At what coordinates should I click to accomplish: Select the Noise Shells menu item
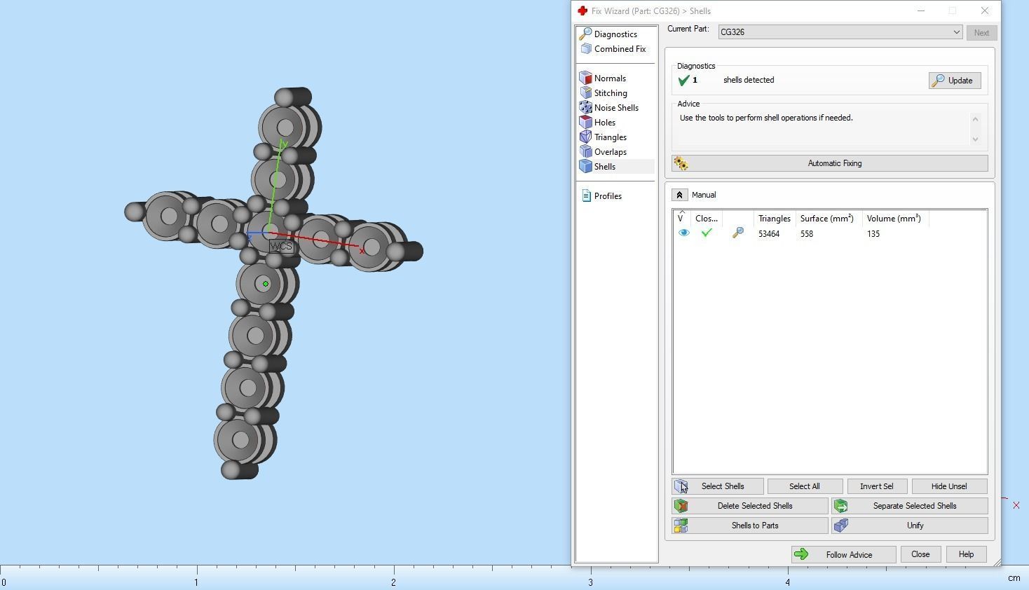coord(615,108)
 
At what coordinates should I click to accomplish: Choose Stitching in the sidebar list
coord(610,93)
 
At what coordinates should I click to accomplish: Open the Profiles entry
coord(607,196)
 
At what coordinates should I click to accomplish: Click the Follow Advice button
coord(843,555)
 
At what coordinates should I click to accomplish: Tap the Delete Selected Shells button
coord(749,506)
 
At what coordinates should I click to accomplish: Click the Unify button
coord(909,526)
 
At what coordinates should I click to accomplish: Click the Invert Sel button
coord(876,486)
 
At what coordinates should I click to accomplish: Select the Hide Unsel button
coord(948,486)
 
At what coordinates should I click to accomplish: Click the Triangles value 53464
coord(769,234)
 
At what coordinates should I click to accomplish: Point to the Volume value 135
coord(873,234)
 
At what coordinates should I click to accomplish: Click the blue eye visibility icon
coord(683,233)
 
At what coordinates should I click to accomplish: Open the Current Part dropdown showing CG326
coord(840,32)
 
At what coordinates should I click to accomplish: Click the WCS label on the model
coord(281,247)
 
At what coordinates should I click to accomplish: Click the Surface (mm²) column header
coord(826,219)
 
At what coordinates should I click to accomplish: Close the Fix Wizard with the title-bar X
coord(984,11)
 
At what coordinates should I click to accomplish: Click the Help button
coord(965,554)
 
